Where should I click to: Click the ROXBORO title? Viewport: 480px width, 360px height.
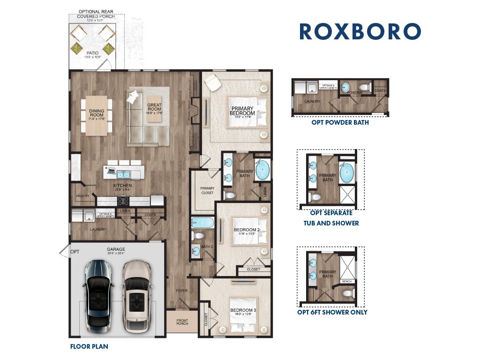tap(360, 32)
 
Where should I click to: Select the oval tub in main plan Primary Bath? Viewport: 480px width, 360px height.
tap(263, 171)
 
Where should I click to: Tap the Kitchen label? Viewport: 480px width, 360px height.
tap(122, 186)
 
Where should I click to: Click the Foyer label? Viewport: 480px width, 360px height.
tap(181, 291)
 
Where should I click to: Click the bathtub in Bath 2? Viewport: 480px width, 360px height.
tap(202, 222)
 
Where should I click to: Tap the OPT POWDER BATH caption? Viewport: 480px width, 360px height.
tap(340, 123)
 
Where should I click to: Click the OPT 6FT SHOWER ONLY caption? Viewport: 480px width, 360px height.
tap(332, 312)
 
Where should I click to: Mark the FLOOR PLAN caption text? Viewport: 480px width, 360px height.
tap(89, 347)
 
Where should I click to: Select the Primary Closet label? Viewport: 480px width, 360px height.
tap(207, 190)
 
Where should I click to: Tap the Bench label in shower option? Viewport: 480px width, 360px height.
tap(347, 282)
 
